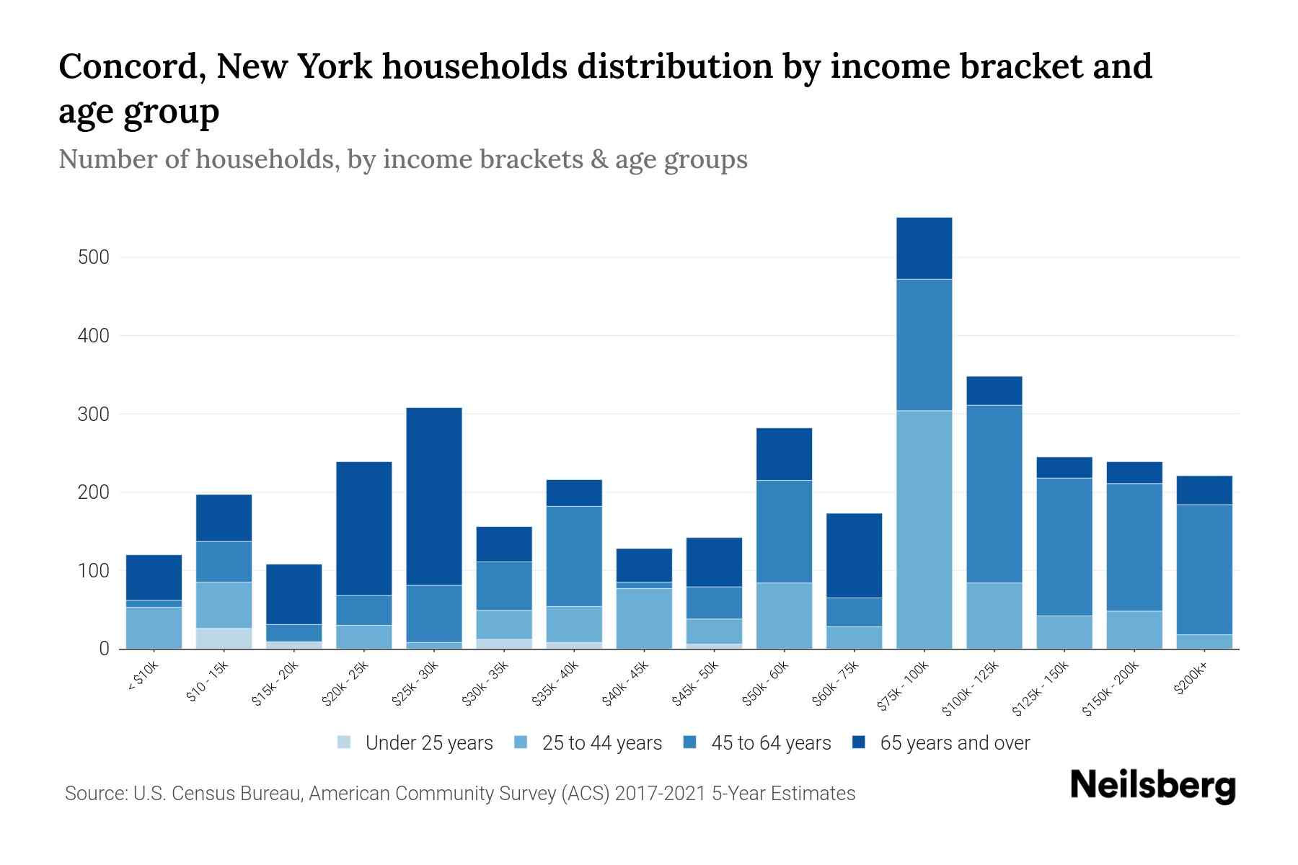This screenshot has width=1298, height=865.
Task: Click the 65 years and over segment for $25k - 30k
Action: (433, 496)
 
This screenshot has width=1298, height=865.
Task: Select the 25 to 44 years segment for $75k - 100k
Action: (924, 529)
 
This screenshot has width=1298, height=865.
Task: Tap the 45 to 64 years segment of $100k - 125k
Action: (994, 494)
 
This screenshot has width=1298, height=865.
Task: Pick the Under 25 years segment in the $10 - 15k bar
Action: (224, 638)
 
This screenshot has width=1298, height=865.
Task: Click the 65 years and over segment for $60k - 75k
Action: (854, 555)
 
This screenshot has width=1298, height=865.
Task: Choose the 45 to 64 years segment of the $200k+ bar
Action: (1204, 569)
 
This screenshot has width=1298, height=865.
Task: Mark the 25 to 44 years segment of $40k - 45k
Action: (644, 618)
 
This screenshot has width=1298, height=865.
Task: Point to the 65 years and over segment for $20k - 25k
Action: (363, 528)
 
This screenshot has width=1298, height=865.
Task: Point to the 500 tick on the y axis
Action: (93, 257)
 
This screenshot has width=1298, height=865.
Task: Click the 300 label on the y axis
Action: (93, 414)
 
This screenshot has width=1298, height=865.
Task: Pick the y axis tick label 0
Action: (104, 649)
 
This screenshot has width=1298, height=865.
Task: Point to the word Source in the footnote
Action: (94, 794)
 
